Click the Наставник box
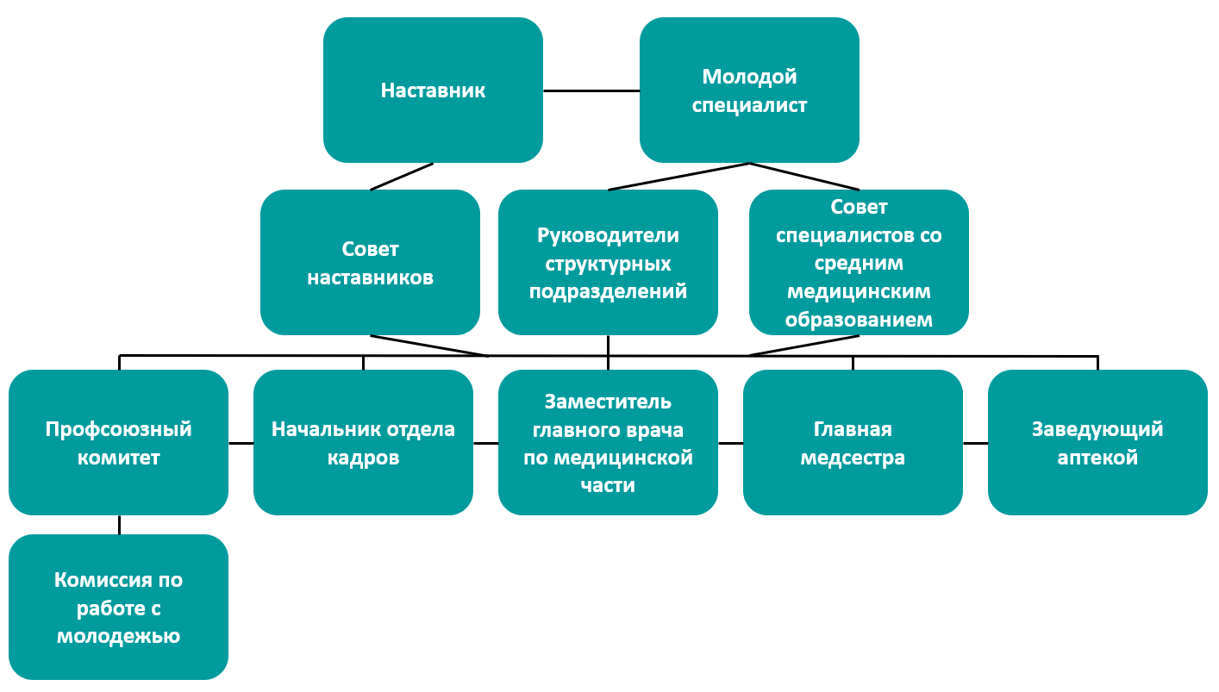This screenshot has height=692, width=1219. [433, 90]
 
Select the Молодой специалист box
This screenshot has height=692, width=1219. [749, 90]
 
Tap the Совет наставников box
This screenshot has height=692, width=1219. [370, 262]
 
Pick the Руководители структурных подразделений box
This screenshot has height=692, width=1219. [608, 262]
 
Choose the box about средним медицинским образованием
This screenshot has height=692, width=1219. [859, 262]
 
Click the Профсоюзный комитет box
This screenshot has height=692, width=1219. [118, 442]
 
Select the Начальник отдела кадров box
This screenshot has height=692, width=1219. [363, 442]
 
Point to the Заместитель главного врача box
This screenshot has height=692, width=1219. [608, 442]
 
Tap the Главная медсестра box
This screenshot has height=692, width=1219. [853, 442]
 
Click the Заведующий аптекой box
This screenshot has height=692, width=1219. [1097, 442]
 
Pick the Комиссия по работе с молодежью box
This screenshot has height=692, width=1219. [118, 607]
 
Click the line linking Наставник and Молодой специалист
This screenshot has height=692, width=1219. [591, 90]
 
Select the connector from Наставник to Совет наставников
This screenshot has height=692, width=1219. [401, 177]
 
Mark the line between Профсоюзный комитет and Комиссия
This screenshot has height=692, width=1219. [119, 525]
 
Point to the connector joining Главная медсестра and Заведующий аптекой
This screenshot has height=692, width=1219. [975, 443]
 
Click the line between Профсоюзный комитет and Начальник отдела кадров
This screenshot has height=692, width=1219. [241, 443]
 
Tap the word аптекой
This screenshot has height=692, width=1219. [1097, 458]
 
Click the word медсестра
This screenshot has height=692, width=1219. [853, 458]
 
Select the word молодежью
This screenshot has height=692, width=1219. [118, 637]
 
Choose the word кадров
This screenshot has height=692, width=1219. [363, 458]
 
